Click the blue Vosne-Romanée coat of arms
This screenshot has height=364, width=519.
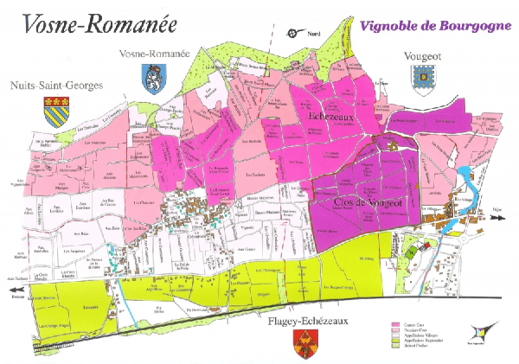click(x=152, y=78)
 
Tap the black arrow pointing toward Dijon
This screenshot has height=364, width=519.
click(x=497, y=218)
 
